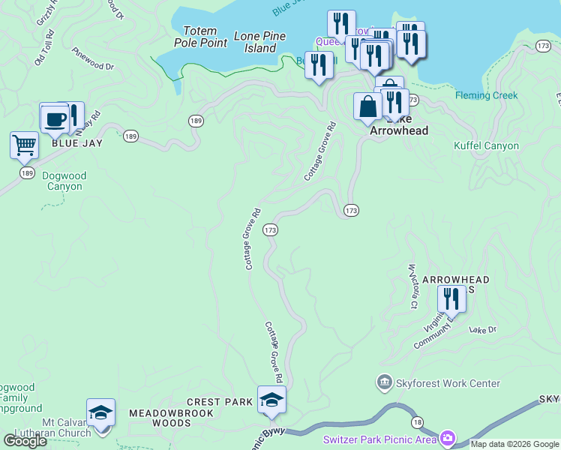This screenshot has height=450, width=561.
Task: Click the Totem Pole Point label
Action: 200,37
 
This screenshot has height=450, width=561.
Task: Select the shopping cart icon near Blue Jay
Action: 25,144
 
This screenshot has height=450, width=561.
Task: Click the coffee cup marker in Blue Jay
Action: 54,118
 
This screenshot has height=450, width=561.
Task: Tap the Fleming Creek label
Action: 486,95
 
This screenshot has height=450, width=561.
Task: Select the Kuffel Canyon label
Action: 486,145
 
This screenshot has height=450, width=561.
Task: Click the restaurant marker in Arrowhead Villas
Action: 451,298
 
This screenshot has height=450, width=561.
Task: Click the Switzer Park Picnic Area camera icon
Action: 448,437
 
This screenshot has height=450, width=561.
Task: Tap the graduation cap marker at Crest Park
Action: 271,400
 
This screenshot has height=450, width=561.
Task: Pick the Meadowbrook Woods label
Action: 171,418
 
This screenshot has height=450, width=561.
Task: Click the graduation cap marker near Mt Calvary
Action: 100,412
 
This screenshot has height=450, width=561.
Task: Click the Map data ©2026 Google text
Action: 514,444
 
